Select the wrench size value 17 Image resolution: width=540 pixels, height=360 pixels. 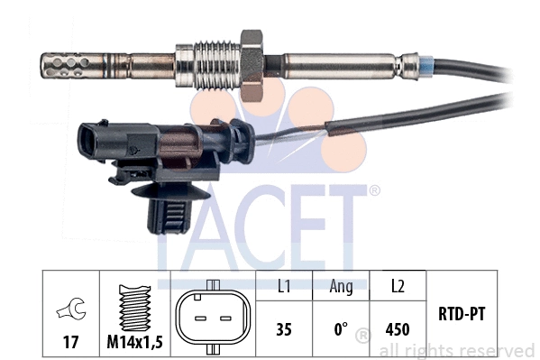point(68,342)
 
